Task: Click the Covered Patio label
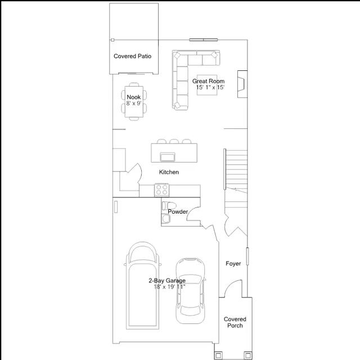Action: (133, 56)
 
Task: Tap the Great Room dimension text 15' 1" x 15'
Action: (210, 87)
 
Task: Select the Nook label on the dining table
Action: (134, 97)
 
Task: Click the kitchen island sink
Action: (168, 157)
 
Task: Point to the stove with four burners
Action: (161, 190)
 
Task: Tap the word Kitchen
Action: (169, 172)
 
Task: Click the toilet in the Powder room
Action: (169, 206)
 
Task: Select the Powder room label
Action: (178, 211)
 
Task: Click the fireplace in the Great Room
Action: (242, 84)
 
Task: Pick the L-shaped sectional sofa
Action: (181, 69)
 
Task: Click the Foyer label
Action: (233, 264)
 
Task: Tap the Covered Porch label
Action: (235, 322)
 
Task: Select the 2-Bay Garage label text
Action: (167, 281)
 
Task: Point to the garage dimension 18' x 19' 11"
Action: (170, 287)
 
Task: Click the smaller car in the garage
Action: (190, 291)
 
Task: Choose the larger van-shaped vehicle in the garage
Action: (142, 286)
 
